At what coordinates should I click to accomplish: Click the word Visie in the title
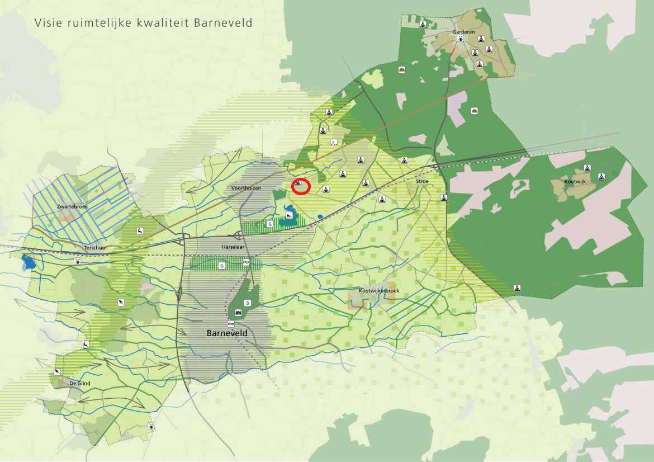46,23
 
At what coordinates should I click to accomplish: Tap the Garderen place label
463,32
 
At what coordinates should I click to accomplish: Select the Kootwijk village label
574,182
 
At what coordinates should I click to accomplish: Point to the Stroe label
422,181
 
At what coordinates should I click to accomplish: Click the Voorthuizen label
246,188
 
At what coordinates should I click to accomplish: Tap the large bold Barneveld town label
227,333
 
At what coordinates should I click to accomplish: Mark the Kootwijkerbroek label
380,291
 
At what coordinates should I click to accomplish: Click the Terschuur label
94,247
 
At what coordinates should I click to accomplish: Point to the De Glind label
79,383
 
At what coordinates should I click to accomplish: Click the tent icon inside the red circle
298,183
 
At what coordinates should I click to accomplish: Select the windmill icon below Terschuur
78,261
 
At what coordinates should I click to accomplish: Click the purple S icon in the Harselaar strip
221,266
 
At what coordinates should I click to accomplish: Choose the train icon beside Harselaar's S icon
245,262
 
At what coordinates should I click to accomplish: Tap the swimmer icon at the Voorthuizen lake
289,215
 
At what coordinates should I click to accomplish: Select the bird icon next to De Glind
57,372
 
